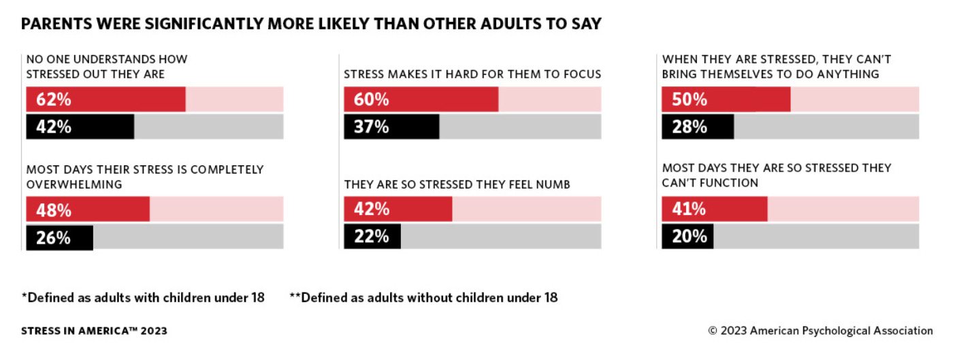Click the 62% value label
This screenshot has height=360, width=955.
54,99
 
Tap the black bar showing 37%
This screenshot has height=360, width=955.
391,127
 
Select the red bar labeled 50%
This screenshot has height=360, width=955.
726,99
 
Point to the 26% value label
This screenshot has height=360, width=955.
54,238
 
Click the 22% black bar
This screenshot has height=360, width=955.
372,236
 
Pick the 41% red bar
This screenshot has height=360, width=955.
714,209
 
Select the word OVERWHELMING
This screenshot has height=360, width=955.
74,184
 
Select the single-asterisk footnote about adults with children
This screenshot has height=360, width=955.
143,297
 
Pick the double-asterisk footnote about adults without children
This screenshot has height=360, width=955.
423,297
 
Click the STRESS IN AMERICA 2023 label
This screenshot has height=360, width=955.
94,331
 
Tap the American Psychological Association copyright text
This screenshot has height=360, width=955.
820,331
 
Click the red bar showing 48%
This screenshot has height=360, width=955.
87,210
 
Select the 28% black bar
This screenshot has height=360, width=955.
698,127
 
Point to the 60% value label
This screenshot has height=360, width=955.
372,99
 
